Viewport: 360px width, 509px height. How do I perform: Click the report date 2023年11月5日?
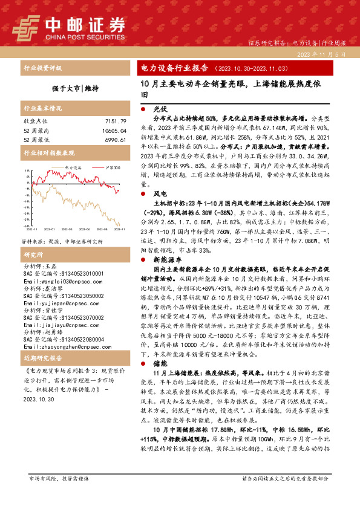[x=324, y=54]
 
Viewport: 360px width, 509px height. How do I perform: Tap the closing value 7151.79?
[x=114, y=122]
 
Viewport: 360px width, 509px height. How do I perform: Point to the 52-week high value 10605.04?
[x=111, y=131]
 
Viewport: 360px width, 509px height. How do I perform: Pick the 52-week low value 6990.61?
[x=114, y=140]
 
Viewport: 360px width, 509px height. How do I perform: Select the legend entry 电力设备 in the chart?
[x=72, y=167]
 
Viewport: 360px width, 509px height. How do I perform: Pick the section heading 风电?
[x=160, y=193]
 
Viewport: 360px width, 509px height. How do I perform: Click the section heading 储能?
[x=160, y=364]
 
